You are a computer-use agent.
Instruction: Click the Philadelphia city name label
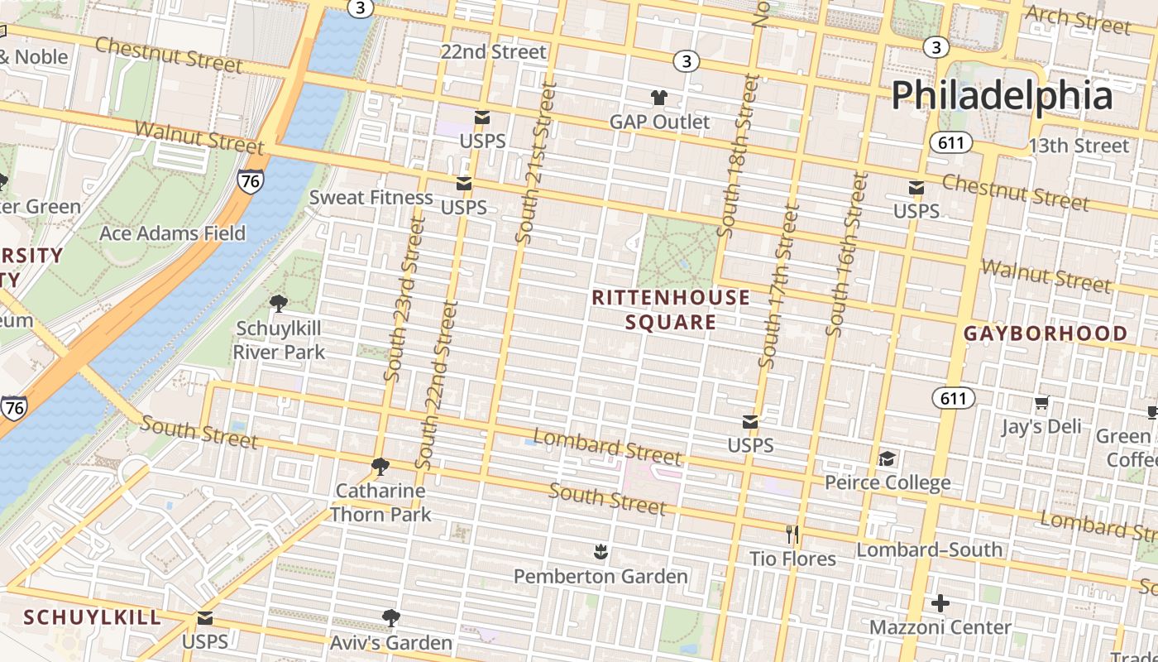[x=1002, y=95]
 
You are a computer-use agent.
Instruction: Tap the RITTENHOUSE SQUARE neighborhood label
[x=671, y=309]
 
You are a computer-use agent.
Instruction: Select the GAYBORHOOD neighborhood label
[x=1046, y=333]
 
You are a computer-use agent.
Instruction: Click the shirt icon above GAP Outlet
[x=658, y=98]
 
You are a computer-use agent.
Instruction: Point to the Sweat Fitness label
[x=371, y=197]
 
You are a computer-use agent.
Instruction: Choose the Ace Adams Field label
[x=172, y=233]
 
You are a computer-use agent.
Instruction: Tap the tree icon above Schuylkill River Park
[x=279, y=304]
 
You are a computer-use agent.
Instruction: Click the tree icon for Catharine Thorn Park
[x=380, y=467]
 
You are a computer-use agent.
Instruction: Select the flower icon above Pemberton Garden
[x=601, y=551]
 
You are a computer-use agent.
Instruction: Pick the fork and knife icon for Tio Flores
[x=792, y=535]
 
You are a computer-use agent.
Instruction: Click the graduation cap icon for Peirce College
[x=887, y=458]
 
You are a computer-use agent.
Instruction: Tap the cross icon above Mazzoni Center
[x=940, y=603]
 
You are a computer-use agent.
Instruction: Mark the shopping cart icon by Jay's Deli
[x=1041, y=403]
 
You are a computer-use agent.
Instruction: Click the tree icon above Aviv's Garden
[x=390, y=617]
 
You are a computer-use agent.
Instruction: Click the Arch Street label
[x=1077, y=20]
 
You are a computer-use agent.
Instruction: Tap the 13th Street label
[x=1078, y=146]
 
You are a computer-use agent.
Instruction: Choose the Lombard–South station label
[x=929, y=549]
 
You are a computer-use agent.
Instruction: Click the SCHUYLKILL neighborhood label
[x=92, y=617]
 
